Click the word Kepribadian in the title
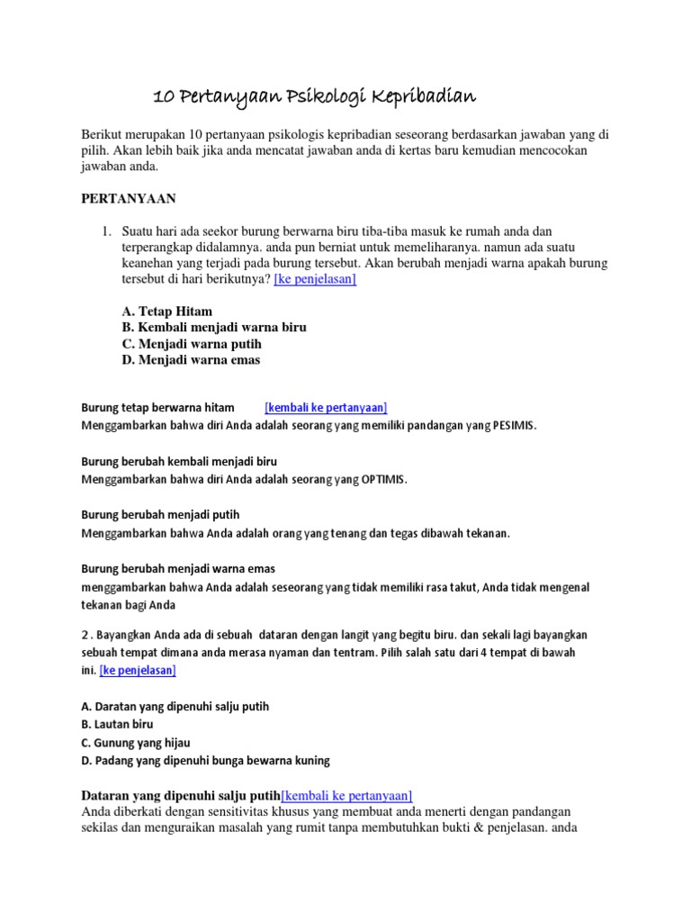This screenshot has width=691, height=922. tap(420, 96)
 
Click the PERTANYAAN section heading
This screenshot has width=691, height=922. tap(129, 198)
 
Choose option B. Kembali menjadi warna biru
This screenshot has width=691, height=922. tap(213, 328)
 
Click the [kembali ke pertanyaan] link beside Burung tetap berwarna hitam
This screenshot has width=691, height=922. tap(326, 408)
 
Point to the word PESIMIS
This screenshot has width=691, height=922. tap(513, 425)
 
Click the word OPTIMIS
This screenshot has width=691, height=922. tap(383, 479)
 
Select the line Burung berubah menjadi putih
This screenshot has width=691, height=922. tap(160, 515)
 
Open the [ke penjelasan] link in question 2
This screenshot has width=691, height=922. tap(138, 670)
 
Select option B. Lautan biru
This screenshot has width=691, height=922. tap(117, 724)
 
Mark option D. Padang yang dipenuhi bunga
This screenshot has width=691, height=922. tap(205, 760)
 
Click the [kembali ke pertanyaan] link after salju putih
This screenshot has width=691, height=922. tap(346, 795)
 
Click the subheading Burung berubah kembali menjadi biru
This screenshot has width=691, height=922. tap(179, 461)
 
